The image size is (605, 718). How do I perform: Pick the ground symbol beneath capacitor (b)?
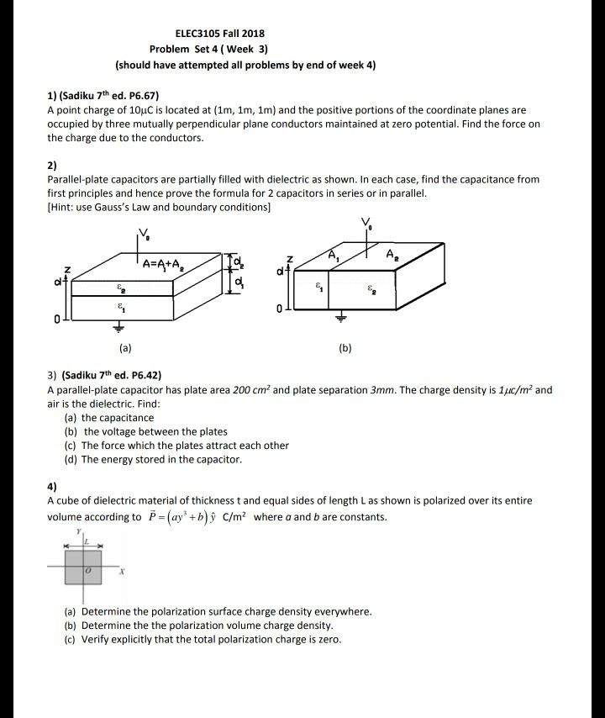341,319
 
